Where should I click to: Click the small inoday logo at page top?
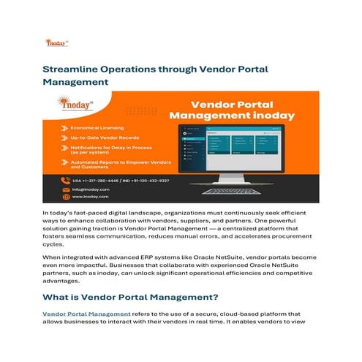[x=55, y=43]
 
